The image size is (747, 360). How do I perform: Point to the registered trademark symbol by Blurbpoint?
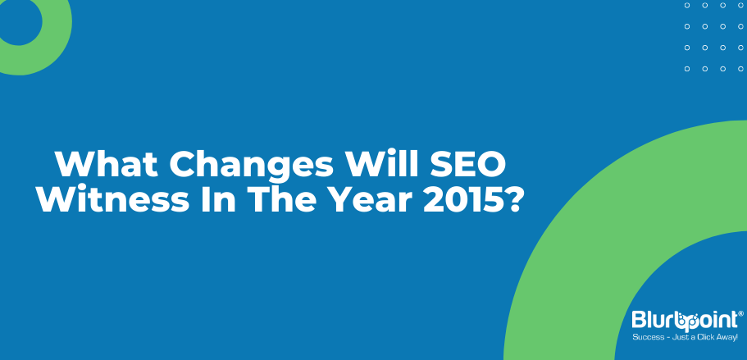[x=740, y=313]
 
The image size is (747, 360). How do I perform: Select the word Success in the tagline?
[x=645, y=338]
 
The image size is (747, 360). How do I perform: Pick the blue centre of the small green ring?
[x=18, y=21]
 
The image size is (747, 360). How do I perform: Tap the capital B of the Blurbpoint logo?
[x=639, y=320]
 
